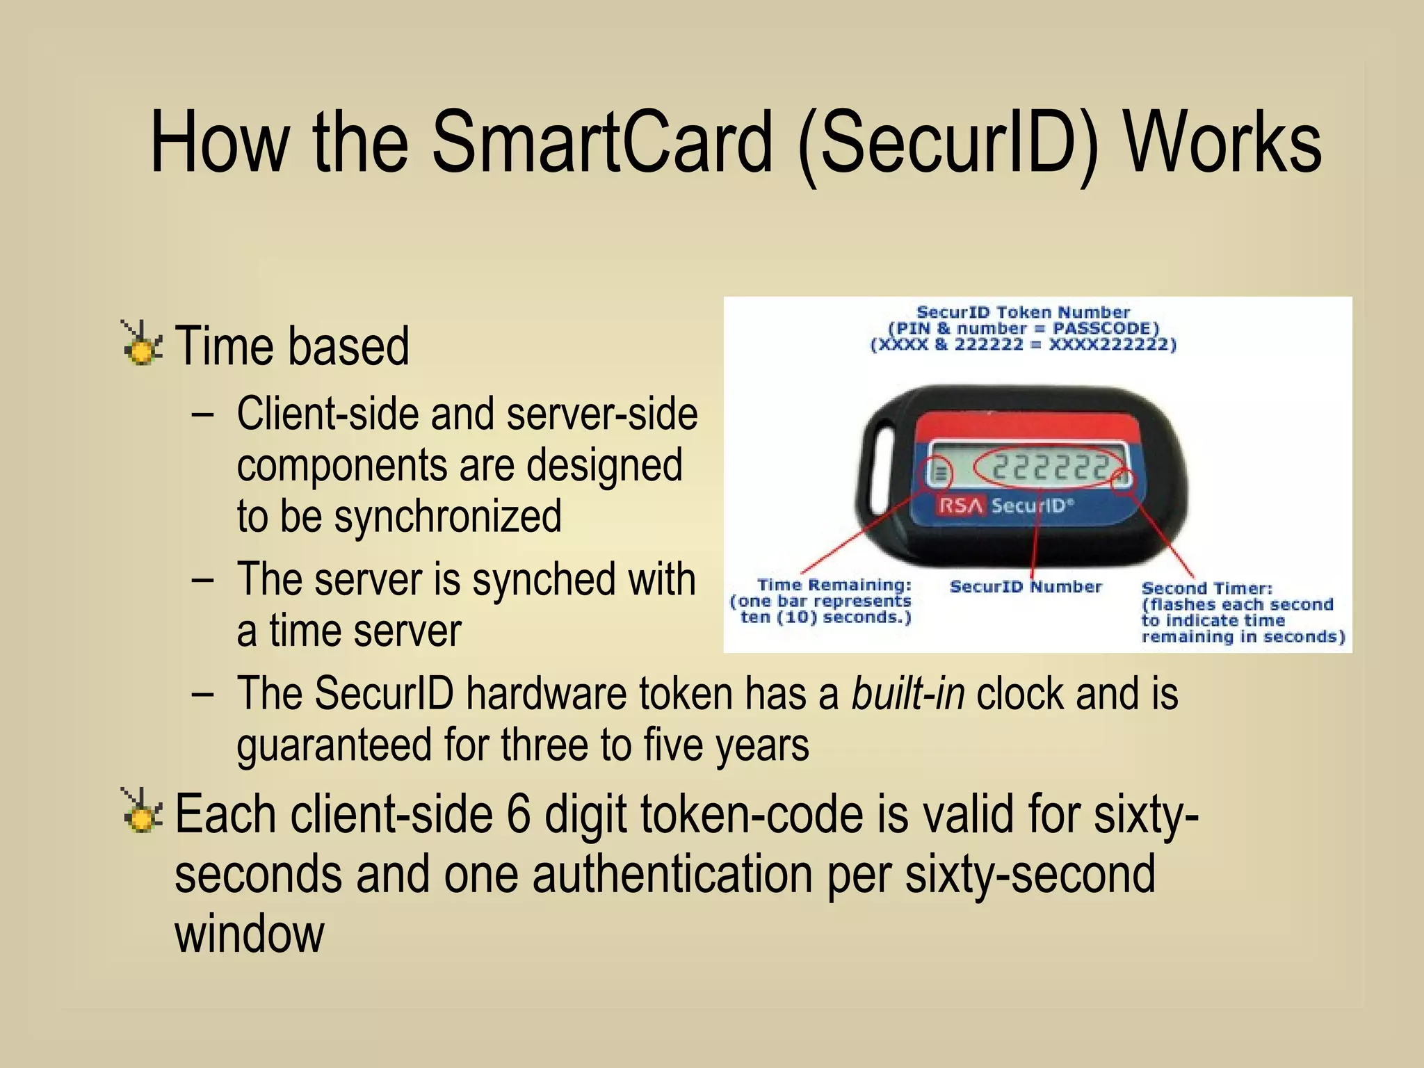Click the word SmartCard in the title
[602, 143]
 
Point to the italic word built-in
[908, 693]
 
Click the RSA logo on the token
[961, 505]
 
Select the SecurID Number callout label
[1026, 587]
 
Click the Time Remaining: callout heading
[834, 585]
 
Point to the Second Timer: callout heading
[1206, 588]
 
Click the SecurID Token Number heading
[1023, 312]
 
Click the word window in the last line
[249, 934]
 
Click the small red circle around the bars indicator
[941, 474]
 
